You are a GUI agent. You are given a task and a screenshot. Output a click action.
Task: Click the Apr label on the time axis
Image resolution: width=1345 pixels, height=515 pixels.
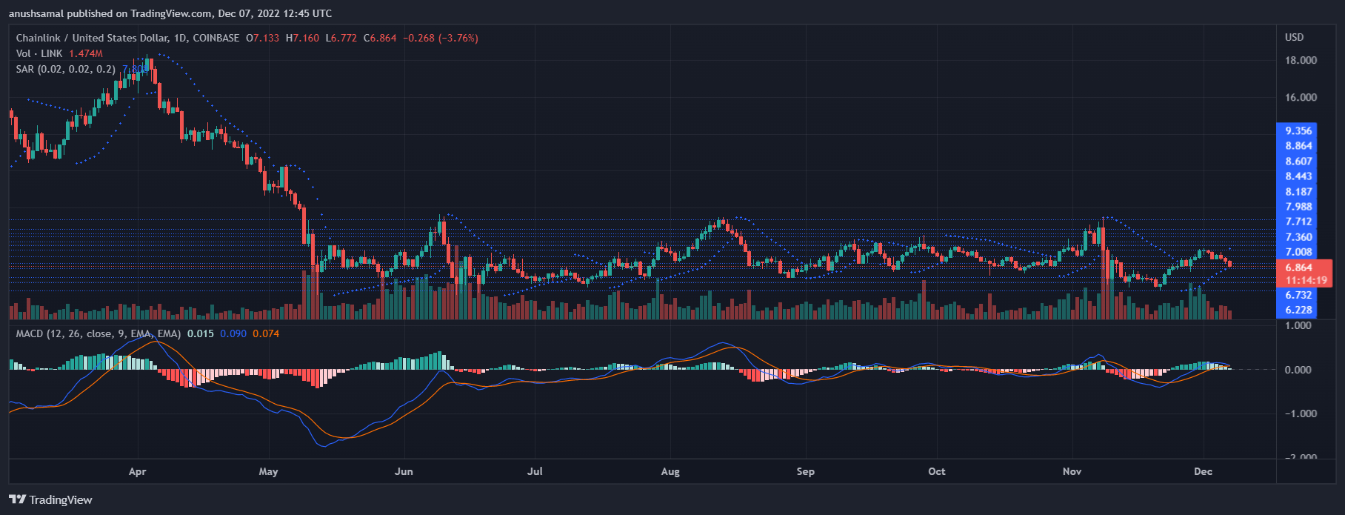137,472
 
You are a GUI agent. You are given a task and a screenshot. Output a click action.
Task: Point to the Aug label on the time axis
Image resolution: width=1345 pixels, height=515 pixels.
670,472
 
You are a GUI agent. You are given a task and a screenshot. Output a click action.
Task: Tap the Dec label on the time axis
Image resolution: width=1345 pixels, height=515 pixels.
1203,472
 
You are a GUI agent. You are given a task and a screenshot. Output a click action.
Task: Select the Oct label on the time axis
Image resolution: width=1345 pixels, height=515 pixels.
937,472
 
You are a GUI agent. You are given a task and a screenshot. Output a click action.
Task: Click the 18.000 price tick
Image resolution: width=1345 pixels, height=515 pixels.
1301,61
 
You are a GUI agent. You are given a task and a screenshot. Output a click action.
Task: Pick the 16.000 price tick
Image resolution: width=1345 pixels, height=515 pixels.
1301,98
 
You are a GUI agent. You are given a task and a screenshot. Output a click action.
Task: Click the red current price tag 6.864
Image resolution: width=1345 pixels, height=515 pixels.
1299,268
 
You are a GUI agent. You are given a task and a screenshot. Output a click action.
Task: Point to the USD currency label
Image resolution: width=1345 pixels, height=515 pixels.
1294,38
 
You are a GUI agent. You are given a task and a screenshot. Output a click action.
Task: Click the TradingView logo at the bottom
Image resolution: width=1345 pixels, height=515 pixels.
51,500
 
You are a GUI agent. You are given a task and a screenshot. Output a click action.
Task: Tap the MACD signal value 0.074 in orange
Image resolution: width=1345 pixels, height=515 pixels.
266,334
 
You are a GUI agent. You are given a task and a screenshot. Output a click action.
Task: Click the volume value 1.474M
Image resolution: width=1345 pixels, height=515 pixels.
86,54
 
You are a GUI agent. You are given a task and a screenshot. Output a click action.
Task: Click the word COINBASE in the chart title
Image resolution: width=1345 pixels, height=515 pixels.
216,38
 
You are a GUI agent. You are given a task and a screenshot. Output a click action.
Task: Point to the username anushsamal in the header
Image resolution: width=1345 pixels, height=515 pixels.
36,13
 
